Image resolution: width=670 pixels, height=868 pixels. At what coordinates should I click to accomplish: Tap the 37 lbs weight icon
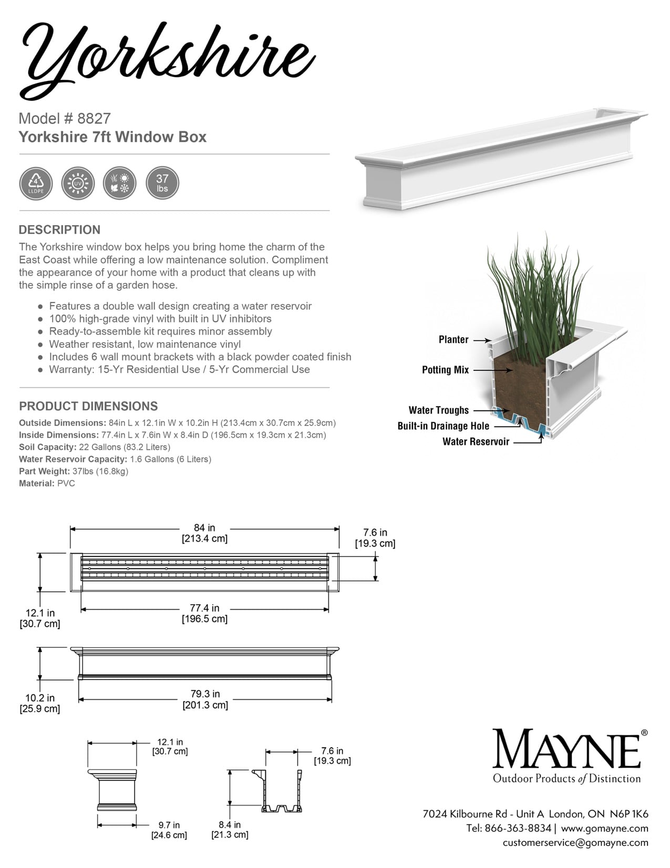[x=162, y=184]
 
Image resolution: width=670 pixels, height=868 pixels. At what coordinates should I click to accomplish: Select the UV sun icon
[x=78, y=184]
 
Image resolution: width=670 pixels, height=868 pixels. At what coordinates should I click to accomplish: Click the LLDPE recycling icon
[x=36, y=184]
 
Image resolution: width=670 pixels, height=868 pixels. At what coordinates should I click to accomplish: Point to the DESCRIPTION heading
[x=59, y=230]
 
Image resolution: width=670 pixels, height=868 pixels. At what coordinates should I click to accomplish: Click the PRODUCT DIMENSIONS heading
[x=88, y=406]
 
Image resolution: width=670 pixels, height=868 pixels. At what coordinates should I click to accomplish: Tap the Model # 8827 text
[x=65, y=118]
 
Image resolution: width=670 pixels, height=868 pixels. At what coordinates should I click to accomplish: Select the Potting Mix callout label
[x=445, y=370]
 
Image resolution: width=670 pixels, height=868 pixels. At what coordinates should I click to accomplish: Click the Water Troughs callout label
[x=438, y=410]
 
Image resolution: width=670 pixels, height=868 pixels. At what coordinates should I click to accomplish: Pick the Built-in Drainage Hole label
[x=443, y=426]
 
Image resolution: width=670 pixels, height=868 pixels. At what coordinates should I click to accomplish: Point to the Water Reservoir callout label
[x=476, y=442]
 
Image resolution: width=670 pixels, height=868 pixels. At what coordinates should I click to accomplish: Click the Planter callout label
[x=453, y=340]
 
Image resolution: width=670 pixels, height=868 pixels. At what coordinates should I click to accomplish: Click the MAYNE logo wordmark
[x=566, y=749]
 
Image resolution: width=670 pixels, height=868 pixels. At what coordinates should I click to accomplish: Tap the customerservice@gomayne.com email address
[x=575, y=842]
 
